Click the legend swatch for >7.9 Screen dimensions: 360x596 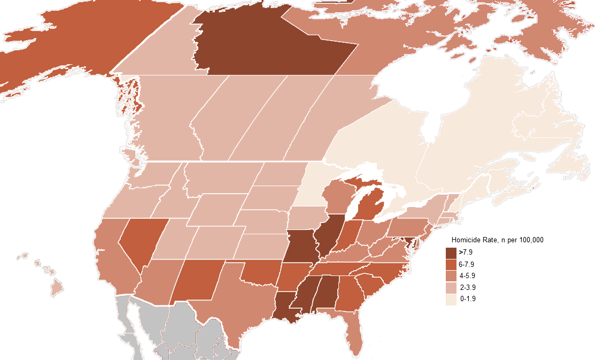click(451, 252)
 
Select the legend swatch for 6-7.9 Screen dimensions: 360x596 click(451, 264)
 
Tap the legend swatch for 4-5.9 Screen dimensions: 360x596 click(451, 275)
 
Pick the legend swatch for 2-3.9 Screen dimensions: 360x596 click(451, 287)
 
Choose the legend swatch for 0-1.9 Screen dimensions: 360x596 click(451, 299)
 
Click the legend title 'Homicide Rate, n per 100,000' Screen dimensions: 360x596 click(497, 240)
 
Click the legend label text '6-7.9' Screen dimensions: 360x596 click(467, 264)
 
